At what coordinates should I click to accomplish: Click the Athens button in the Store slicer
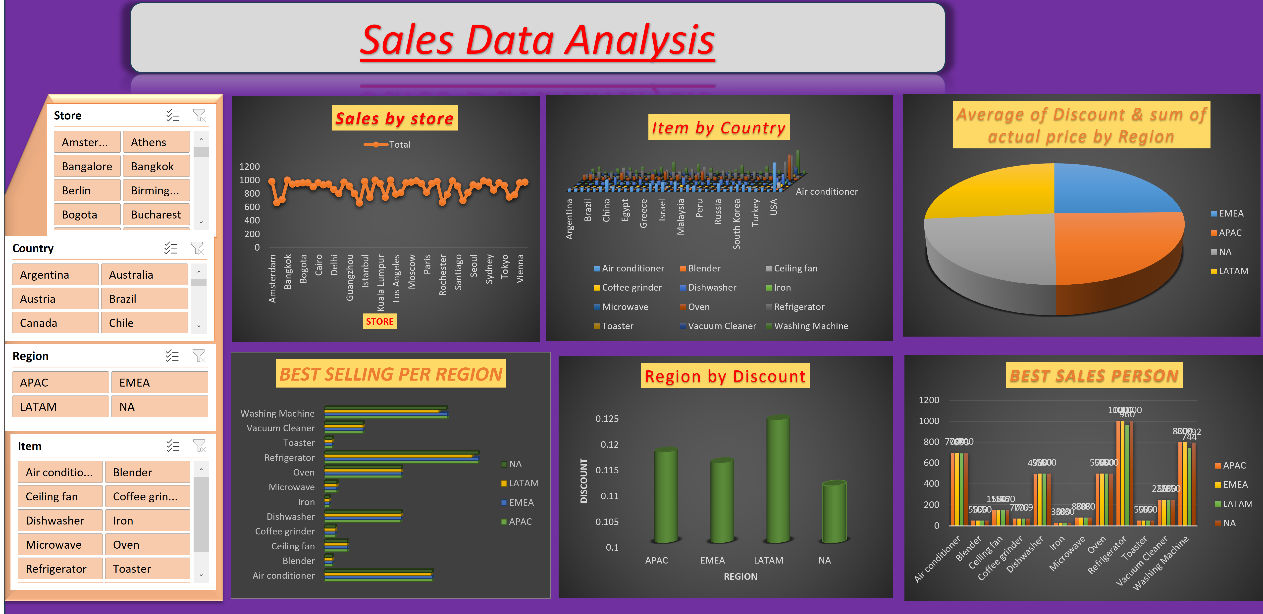156,142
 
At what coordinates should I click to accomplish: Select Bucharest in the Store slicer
156,215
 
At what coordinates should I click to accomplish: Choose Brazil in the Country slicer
144,299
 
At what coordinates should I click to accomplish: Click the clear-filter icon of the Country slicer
197,248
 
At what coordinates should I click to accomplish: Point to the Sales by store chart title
395,118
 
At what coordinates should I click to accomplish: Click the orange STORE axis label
379,321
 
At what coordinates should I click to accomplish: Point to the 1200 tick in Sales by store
250,167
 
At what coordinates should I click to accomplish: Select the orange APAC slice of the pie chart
1118,250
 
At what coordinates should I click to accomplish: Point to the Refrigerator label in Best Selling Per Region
289,458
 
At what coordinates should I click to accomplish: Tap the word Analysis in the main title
640,40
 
